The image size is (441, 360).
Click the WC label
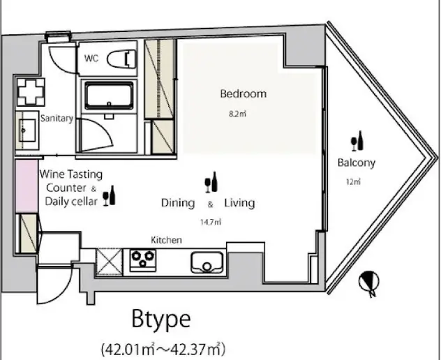coord(91,58)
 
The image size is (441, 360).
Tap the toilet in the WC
coord(121,59)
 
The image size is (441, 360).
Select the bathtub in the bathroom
coord(109,96)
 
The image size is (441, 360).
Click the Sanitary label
coord(57,118)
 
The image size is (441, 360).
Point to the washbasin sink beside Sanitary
coord(27,130)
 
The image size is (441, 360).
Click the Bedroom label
coord(244,93)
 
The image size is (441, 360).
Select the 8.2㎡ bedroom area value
coord(238,114)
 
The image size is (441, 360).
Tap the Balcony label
coord(357,163)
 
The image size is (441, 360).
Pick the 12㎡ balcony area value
coord(353,181)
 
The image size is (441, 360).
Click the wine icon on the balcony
coord(357,141)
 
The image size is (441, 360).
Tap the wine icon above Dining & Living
coord(211,182)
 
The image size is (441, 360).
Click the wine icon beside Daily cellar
coord(109,195)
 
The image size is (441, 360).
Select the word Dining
coord(178,203)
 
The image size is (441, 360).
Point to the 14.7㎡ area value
coord(211,222)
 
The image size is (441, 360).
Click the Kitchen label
coord(166,240)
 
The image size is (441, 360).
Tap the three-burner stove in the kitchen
coord(143,260)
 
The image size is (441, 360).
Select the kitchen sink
coord(207,262)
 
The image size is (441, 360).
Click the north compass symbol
coord(369,283)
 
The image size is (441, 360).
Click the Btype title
coord(161,319)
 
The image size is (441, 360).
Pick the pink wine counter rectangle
coord(27,186)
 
